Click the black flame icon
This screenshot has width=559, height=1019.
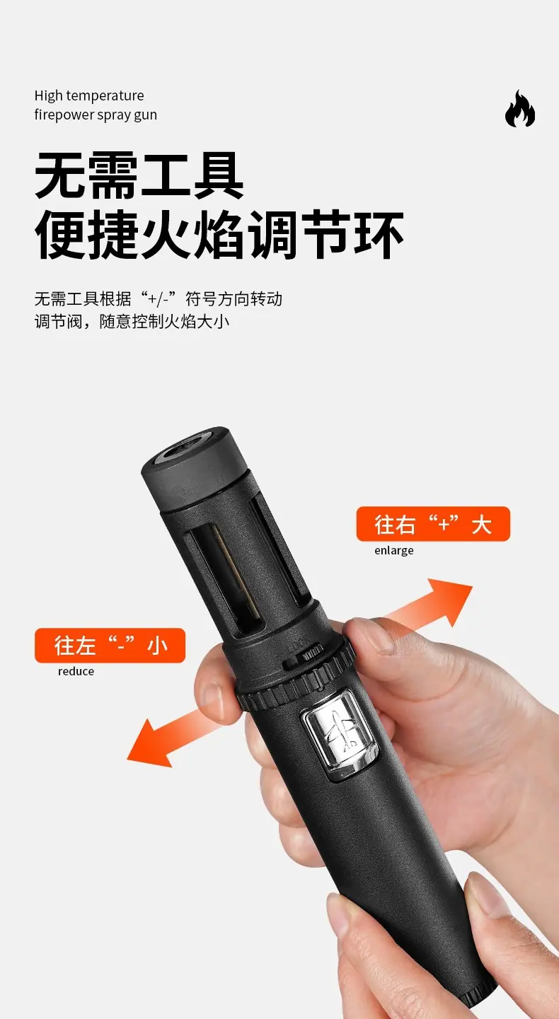click(520, 109)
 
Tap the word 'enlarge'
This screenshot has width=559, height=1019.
click(393, 550)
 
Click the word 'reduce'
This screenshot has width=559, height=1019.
click(76, 672)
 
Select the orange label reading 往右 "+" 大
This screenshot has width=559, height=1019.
click(433, 524)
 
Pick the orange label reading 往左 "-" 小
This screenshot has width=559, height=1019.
click(110, 645)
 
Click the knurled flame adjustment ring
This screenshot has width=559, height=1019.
click(296, 673)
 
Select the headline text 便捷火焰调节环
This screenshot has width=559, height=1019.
click(219, 235)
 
